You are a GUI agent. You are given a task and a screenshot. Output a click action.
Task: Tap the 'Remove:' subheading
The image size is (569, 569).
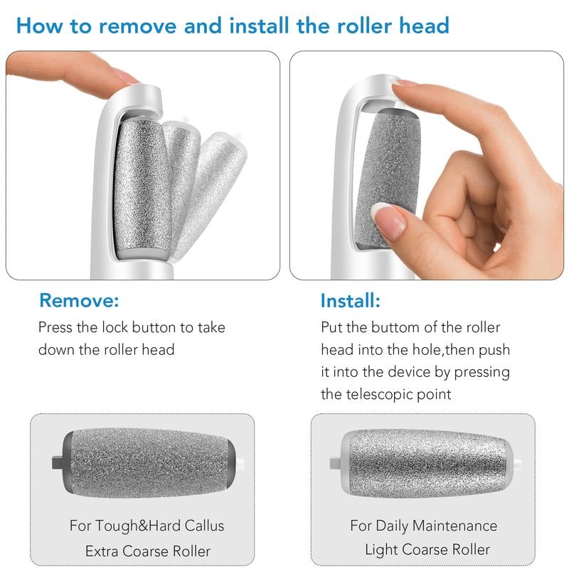[x=79, y=300]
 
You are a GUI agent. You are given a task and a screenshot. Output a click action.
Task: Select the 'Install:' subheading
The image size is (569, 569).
[x=350, y=300]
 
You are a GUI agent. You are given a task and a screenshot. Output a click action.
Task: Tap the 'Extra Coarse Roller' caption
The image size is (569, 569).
[x=147, y=551]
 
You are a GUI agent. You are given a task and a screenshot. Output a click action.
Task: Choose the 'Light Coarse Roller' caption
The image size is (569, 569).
[x=427, y=549]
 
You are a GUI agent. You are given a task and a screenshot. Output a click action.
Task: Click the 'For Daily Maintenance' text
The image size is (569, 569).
[x=423, y=526]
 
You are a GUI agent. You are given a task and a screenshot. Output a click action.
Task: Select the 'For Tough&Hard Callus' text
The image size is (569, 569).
[x=147, y=526]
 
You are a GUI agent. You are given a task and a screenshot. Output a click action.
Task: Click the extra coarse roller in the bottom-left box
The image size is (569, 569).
[x=149, y=462]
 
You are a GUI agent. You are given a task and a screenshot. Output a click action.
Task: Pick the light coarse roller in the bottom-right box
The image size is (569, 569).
[x=427, y=462]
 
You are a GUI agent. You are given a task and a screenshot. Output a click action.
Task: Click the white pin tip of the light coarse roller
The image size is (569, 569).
[x=518, y=463]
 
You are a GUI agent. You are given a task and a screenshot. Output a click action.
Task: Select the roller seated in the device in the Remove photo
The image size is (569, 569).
[x=142, y=188]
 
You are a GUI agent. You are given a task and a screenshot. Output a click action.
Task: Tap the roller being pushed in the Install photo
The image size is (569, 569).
[x=388, y=174]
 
